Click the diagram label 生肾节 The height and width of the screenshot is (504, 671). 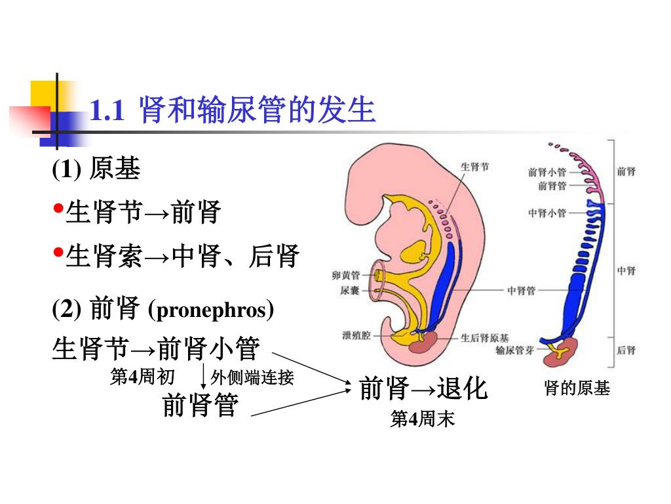[474, 167]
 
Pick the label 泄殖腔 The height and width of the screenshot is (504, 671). [356, 335]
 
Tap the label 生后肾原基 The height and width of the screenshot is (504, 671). [484, 338]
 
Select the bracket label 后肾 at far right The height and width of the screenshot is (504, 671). [626, 350]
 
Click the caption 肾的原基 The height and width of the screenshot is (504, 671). [577, 388]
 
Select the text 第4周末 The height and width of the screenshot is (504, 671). [422, 419]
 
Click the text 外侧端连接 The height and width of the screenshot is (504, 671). [252, 377]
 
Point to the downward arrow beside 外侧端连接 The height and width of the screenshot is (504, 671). [204, 377]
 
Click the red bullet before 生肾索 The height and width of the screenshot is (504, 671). [58, 251]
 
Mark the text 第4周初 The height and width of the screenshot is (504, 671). [142, 377]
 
